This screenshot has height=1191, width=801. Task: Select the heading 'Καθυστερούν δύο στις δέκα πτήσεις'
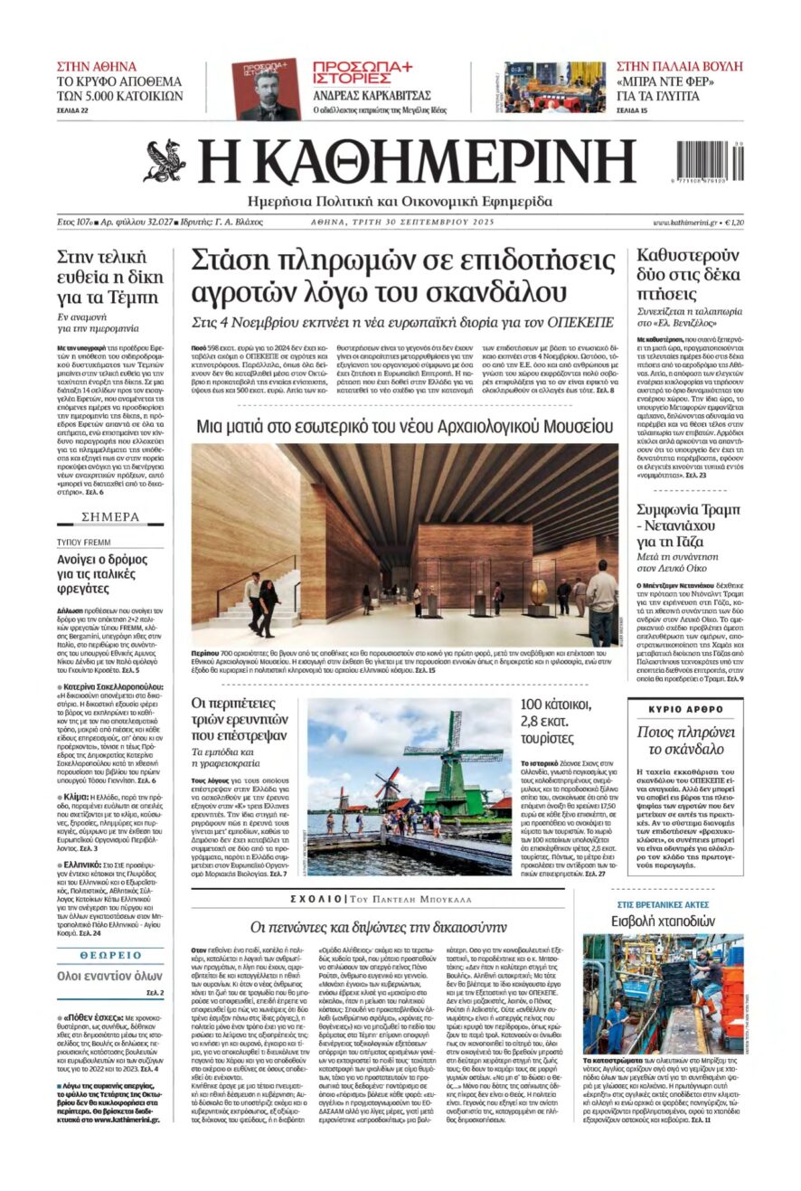[688, 272]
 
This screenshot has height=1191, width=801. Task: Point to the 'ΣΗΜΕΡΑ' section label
[110, 517]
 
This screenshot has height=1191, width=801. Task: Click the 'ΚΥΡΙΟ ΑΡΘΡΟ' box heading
[686, 709]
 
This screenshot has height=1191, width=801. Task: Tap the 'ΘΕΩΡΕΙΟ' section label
[110, 955]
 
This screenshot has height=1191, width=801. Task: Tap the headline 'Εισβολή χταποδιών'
[663, 922]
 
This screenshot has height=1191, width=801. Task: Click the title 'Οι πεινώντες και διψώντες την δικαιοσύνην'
[378, 927]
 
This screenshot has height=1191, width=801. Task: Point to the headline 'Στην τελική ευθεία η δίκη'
[108, 276]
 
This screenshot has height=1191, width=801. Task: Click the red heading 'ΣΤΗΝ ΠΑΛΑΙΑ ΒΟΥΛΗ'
[679, 66]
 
